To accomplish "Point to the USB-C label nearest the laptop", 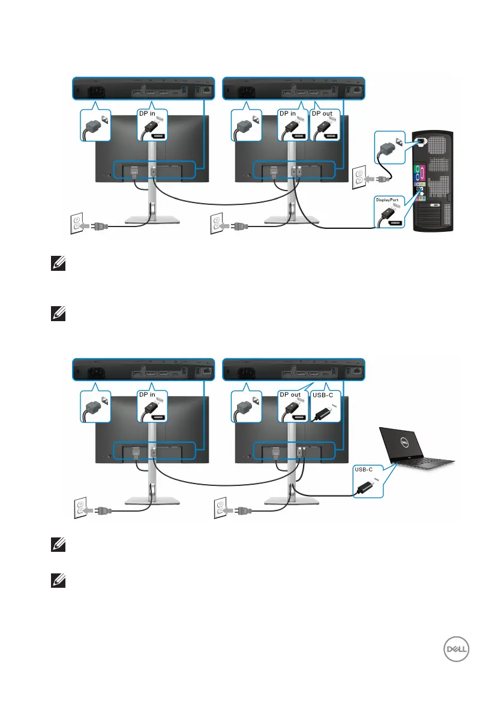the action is [364, 469].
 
